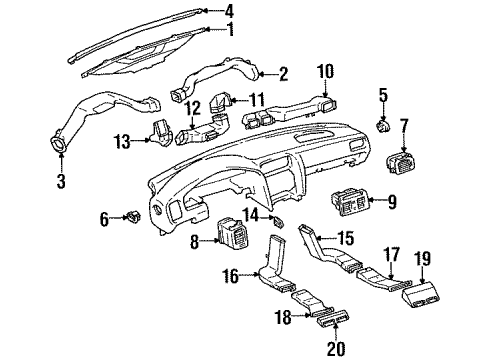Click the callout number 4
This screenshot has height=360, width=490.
click(x=230, y=11)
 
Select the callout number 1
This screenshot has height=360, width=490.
click(x=230, y=29)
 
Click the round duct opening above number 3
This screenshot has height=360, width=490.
click(x=63, y=151)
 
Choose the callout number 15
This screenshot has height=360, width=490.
click(x=345, y=238)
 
